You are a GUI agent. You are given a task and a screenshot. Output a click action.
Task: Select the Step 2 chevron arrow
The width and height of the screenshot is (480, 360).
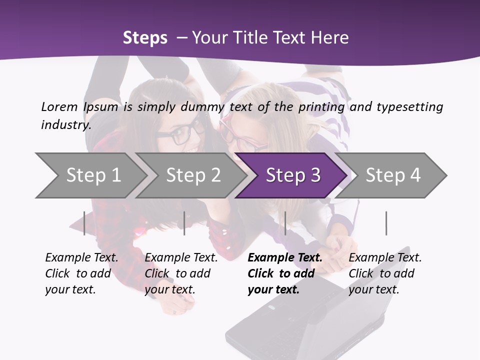193,175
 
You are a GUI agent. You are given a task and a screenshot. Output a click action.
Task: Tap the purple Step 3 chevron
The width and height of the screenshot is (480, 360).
293,175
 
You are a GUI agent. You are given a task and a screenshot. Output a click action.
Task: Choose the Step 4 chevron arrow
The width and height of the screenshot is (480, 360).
393,175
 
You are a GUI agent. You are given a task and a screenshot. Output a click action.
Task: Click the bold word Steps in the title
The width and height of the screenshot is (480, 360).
145,38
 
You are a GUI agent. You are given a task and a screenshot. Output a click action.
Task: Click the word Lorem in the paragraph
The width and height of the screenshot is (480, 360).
59,106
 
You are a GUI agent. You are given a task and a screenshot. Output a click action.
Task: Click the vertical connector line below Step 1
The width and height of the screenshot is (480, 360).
84,223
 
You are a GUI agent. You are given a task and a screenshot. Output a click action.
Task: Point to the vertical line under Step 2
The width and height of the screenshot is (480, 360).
184,223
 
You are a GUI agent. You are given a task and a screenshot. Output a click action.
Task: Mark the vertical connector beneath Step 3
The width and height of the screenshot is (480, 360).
285,223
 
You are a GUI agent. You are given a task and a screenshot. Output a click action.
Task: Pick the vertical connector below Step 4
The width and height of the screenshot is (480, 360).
386,223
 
